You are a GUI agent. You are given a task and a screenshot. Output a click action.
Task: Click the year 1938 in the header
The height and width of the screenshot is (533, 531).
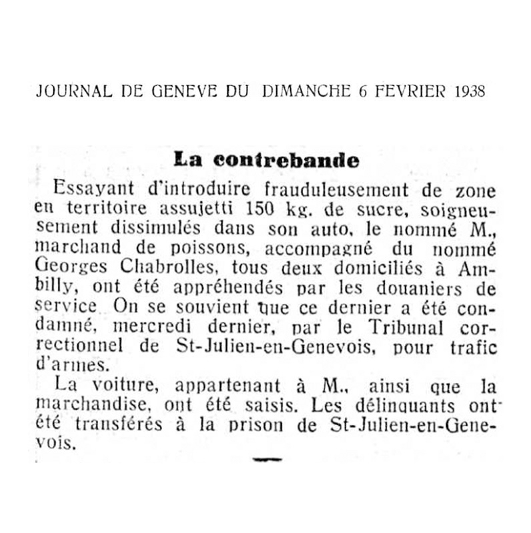[x=467, y=91]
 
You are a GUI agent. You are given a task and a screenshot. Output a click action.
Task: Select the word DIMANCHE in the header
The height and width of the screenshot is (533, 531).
[x=306, y=91]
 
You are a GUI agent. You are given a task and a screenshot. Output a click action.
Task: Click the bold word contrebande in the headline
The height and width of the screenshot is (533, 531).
[x=286, y=160]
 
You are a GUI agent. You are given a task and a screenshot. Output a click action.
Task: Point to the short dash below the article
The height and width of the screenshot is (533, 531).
[x=267, y=459]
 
